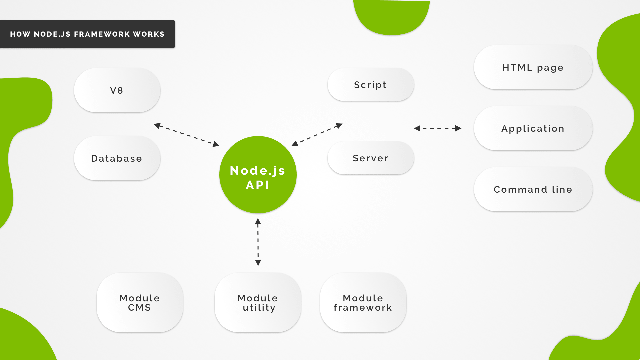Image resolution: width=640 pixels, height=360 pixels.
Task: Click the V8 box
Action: click(117, 90)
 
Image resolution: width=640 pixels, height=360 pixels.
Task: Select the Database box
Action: click(117, 158)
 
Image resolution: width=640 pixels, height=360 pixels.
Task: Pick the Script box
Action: click(371, 85)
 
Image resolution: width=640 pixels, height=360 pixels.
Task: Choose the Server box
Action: click(371, 158)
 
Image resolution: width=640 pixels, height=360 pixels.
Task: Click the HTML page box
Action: click(533, 67)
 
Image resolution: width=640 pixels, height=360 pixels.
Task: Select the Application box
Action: click(533, 128)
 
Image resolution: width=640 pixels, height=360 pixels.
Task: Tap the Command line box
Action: click(533, 189)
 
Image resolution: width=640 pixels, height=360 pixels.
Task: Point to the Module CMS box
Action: click(140, 303)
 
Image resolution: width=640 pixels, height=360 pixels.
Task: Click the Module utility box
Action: click(258, 303)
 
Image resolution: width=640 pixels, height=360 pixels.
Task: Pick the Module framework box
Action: click(363, 303)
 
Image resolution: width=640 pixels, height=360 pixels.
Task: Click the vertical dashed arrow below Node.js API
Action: click(258, 242)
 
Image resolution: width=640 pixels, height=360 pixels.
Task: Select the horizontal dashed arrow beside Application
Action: click(438, 128)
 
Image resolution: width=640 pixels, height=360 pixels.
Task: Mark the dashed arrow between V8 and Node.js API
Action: click(187, 135)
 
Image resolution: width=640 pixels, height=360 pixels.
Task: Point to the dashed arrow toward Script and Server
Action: click(317, 135)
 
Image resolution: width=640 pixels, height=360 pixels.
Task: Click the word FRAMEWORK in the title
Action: click(102, 34)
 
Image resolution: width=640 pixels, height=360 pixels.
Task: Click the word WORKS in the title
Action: click(149, 34)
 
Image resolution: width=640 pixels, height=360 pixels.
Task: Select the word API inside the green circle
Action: click(257, 185)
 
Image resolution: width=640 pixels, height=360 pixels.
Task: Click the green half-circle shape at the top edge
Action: click(391, 17)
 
